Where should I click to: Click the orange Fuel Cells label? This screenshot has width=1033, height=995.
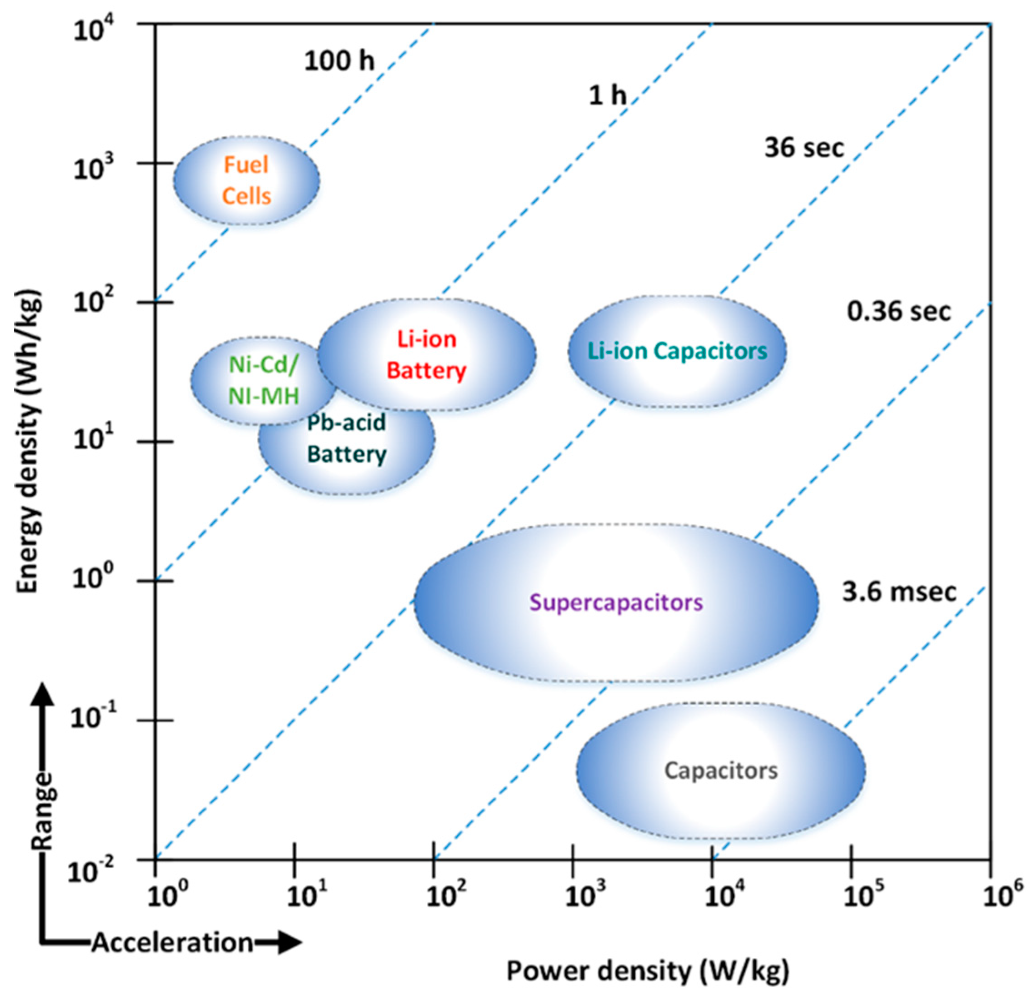(x=246, y=180)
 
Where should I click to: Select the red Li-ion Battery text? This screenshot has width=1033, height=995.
(x=426, y=355)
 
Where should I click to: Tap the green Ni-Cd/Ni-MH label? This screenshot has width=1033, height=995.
(x=264, y=380)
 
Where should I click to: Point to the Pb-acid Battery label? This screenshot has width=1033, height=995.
(x=347, y=438)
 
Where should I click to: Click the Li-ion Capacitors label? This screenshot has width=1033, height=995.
(x=677, y=351)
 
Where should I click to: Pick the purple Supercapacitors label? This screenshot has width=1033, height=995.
(x=616, y=602)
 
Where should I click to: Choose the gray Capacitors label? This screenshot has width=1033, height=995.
(x=720, y=771)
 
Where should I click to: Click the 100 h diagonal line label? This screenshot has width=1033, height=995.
(x=339, y=61)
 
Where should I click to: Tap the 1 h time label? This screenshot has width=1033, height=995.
(x=607, y=96)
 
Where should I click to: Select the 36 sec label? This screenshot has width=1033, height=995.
(x=804, y=148)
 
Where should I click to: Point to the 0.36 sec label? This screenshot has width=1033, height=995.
(x=899, y=312)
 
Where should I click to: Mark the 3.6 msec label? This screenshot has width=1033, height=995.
(x=899, y=592)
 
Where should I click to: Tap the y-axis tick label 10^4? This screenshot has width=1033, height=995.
(x=90, y=29)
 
